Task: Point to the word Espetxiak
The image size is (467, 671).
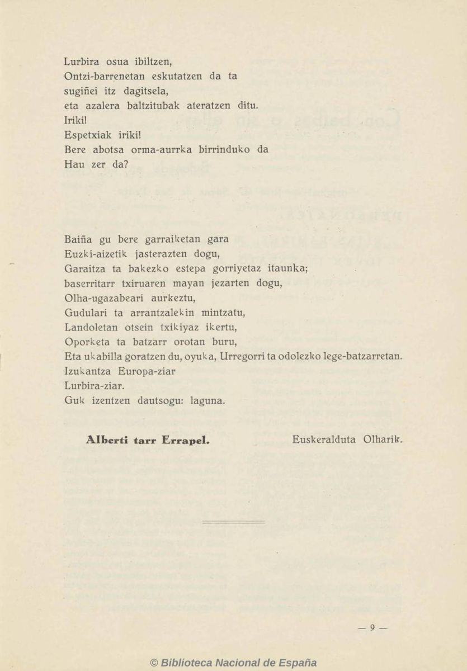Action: coord(86,135)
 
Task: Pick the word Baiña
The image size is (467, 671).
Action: coord(78,239)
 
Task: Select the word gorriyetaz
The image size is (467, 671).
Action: coord(232,268)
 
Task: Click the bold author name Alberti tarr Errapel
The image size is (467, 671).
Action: coord(148,440)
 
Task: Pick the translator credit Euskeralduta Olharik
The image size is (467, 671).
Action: coord(347,440)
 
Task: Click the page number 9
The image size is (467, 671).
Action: coord(372,628)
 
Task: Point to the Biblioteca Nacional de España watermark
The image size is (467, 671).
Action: coord(233,663)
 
